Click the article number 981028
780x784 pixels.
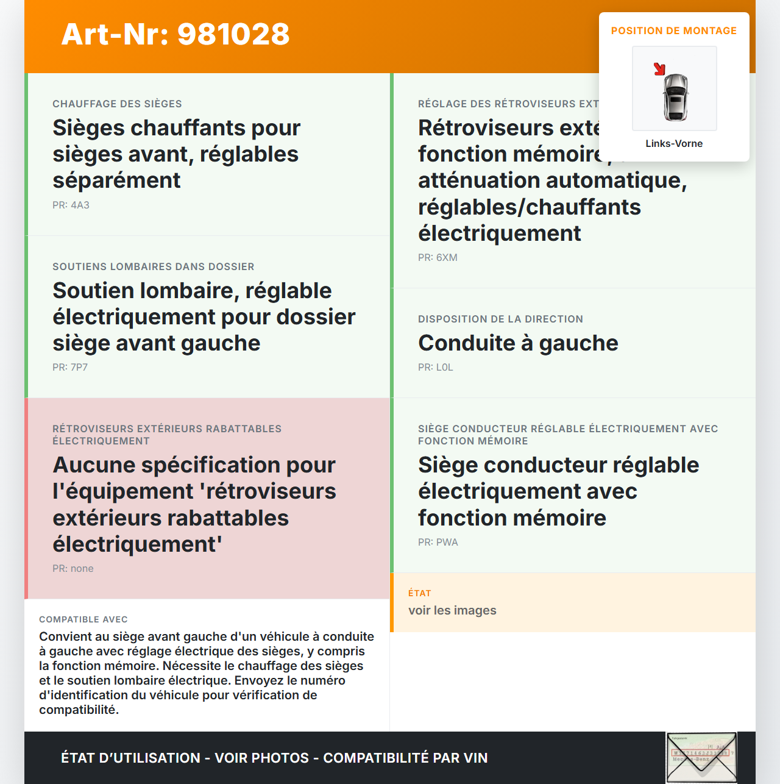pos(233,34)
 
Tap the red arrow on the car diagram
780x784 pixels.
pos(659,69)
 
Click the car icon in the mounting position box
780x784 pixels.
pos(675,97)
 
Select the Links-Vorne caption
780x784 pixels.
pos(674,144)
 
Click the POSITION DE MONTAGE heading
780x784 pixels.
pos(674,31)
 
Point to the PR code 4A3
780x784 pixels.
pos(80,205)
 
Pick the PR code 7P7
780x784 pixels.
pos(79,368)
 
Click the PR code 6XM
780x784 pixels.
pos(447,258)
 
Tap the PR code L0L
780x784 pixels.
pos(444,368)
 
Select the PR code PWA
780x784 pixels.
pos(447,543)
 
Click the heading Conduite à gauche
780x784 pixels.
pos(518,343)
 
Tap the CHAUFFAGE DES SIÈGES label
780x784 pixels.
pos(117,104)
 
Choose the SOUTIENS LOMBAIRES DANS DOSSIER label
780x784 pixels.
pos(154,267)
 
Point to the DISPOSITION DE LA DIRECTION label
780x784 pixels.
pos(500,319)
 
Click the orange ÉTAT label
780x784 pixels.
pos(419,593)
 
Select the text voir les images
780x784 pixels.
pos(452,610)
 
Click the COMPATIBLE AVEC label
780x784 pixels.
pos(83,619)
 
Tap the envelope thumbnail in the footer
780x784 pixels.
pos(701,758)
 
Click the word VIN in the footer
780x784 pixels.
pos(475,758)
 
